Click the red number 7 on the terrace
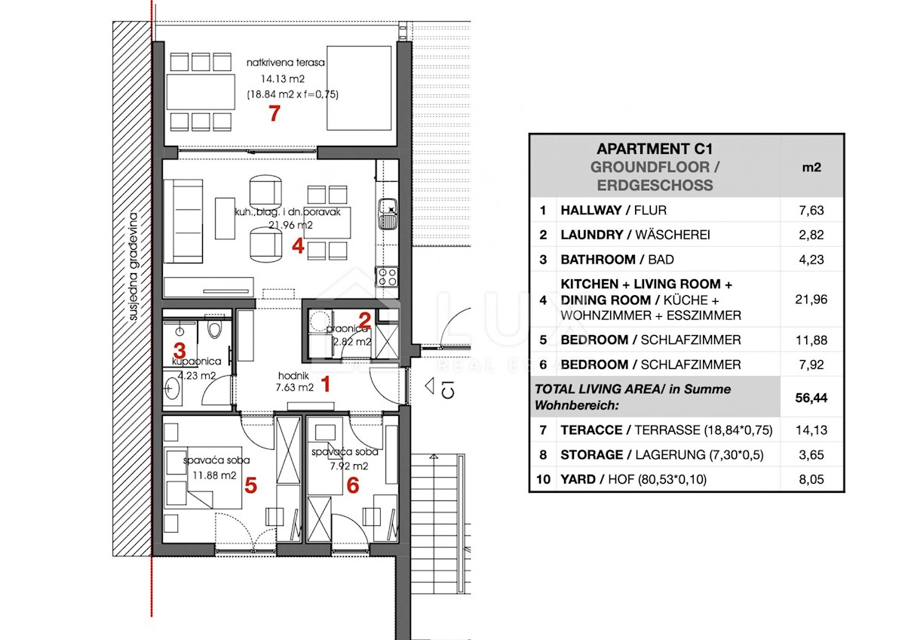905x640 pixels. [x=275, y=113]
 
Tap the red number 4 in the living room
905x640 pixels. [x=298, y=246]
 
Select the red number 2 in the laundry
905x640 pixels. [x=364, y=320]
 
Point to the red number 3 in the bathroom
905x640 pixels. [x=179, y=350]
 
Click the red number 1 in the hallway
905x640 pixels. [x=326, y=384]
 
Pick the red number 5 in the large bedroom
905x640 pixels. [x=251, y=485]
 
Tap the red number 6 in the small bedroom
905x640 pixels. [x=353, y=485]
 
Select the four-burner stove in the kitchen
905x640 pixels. [x=387, y=277]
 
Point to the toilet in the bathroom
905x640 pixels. [x=214, y=328]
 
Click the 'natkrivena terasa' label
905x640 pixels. [x=286, y=63]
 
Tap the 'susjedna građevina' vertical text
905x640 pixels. [x=133, y=267]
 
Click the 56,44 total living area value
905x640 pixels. [x=811, y=398]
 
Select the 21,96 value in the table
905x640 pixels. [x=811, y=300]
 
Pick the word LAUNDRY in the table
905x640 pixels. [x=592, y=235]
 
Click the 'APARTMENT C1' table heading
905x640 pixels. [x=655, y=149]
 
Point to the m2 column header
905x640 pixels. [x=811, y=168]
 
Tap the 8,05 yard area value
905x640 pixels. [x=811, y=479]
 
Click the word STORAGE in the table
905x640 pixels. [x=592, y=455]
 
